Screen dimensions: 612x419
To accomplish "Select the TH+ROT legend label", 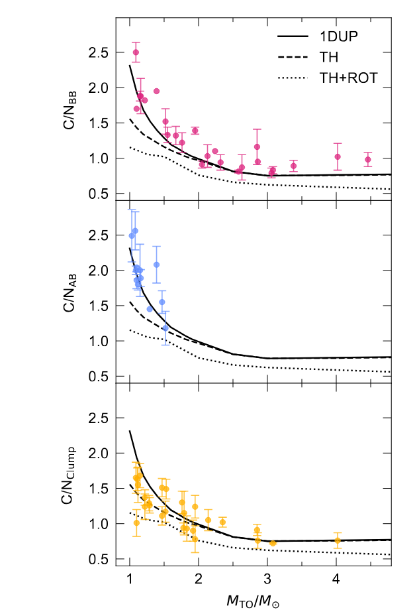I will (348, 78).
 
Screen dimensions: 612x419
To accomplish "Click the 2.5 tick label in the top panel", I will (101, 52).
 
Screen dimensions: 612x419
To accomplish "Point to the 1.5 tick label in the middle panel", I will (101, 306).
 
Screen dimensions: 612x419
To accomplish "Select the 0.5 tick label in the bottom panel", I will (101, 559).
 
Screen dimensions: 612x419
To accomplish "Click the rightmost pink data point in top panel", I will (368, 159).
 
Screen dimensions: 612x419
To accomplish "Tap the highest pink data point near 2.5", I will (136, 52).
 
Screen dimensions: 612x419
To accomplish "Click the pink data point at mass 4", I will (338, 157).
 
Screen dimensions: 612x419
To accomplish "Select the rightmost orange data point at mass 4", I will (338, 540).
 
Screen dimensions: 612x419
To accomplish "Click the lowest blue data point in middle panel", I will (165, 328).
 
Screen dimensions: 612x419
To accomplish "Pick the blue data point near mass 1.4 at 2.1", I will (157, 265).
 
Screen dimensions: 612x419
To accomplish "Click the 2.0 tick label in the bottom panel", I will (101, 454).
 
